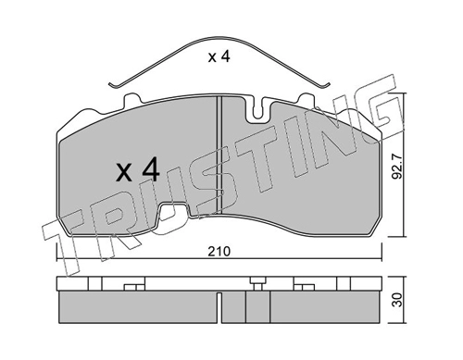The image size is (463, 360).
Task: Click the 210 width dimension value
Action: [x=219, y=252]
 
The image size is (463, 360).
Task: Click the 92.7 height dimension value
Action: [x=398, y=167]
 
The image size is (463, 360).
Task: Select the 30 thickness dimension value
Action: [x=398, y=300]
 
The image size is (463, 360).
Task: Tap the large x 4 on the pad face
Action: [x=138, y=170]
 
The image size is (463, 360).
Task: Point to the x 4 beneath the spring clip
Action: [x=219, y=56]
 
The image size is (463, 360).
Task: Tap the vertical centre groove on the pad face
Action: [x=219, y=155]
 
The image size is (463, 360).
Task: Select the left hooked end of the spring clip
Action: [x=113, y=84]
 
